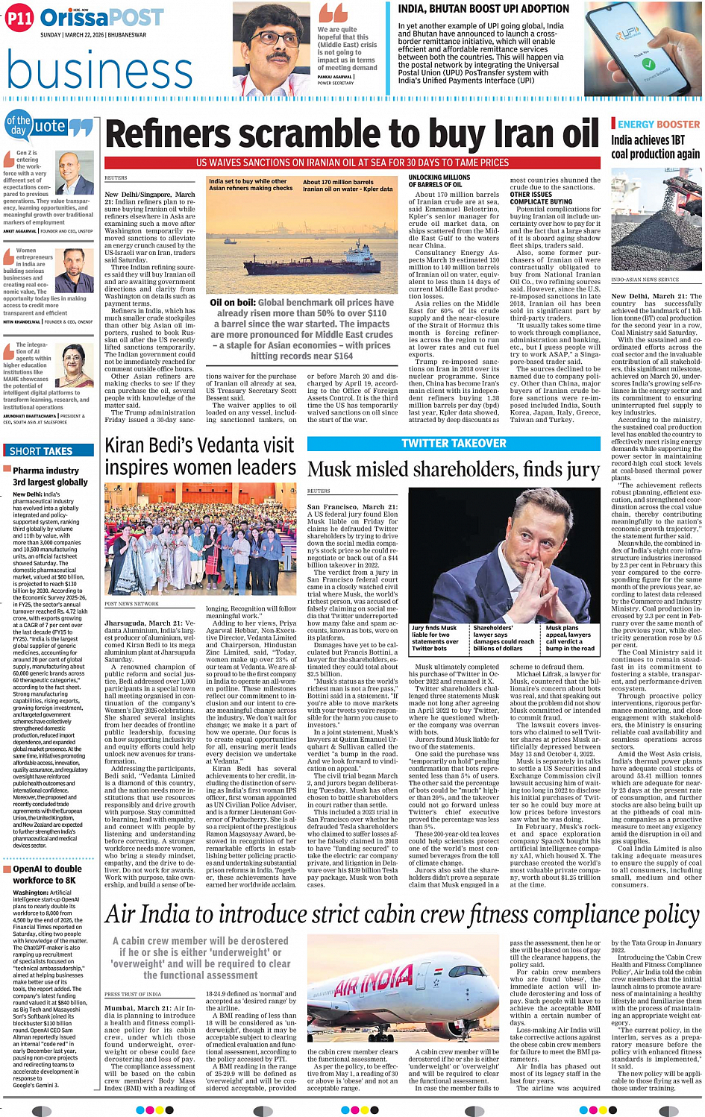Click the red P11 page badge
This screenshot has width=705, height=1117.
click(20, 19)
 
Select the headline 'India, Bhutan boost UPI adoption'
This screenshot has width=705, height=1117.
click(484, 9)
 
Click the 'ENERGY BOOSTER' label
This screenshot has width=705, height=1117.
click(659, 125)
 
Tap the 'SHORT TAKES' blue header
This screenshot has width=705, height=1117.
click(42, 450)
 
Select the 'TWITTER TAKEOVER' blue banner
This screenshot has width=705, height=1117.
click(454, 443)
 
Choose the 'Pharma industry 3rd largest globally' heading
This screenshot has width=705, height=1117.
click(50, 476)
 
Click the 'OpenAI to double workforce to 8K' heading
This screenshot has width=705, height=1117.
click(48, 874)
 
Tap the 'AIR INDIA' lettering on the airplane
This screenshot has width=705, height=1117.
click(373, 983)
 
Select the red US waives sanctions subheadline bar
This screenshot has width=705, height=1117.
click(352, 162)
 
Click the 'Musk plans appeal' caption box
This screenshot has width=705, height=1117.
click(571, 638)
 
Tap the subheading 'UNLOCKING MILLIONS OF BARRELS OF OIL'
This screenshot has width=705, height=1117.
click(439, 181)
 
